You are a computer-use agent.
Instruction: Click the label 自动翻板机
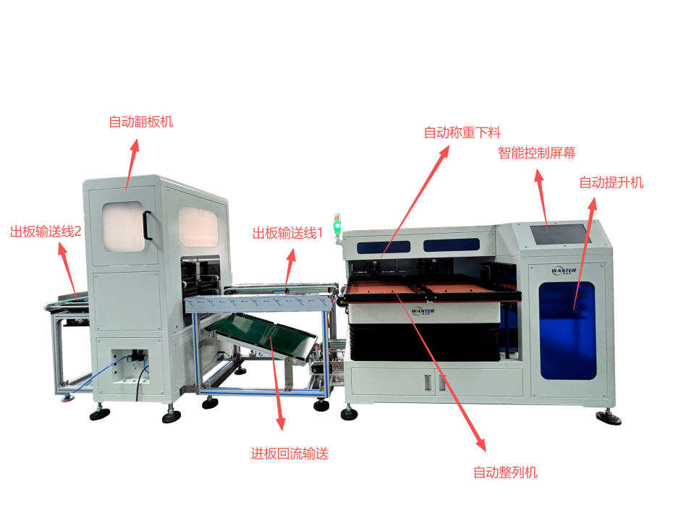click(141, 122)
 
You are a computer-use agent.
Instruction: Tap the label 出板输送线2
click(46, 232)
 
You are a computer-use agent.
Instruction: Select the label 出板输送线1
click(287, 234)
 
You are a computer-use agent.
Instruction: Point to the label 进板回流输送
click(289, 454)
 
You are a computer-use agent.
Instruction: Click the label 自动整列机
click(506, 473)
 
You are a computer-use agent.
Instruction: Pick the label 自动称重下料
click(462, 132)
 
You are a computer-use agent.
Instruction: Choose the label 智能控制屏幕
click(536, 153)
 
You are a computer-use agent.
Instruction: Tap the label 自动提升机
click(611, 183)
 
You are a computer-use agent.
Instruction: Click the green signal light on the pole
click(337, 225)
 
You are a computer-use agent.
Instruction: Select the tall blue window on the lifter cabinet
click(567, 331)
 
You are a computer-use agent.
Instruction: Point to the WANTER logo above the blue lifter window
click(564, 271)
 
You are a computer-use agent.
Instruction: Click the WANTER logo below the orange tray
click(423, 311)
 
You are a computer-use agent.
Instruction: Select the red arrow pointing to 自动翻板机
click(132, 164)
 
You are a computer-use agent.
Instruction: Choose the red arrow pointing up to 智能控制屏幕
click(542, 200)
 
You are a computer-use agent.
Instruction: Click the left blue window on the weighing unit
click(384, 247)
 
